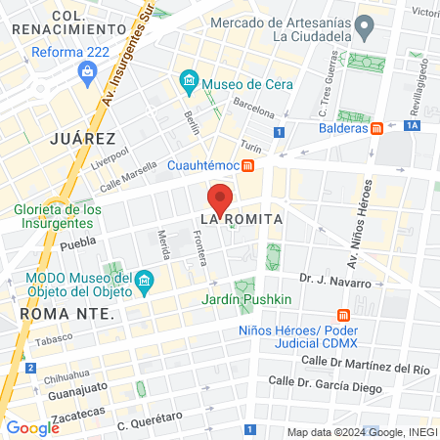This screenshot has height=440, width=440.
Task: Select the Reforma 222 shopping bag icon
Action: click(89, 71)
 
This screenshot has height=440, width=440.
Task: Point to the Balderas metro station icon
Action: click(376, 127)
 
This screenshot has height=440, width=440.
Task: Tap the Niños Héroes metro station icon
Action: click(342, 315)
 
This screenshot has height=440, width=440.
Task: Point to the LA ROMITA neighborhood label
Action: click(242, 219)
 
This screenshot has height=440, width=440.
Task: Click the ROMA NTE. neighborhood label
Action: click(66, 315)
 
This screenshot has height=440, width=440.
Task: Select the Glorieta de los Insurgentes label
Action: click(58, 217)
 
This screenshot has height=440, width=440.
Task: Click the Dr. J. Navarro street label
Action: click(335, 282)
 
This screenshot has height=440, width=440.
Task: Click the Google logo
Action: click(32, 427)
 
